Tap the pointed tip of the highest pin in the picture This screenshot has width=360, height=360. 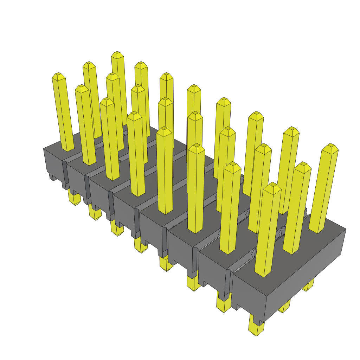117,53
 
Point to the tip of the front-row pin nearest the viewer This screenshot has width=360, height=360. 272,185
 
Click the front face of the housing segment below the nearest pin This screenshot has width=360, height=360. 248,292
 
